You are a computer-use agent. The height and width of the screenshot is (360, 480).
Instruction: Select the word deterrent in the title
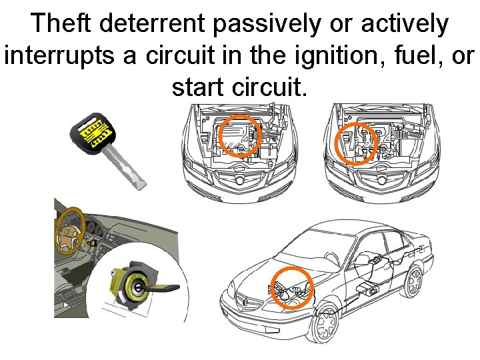[153, 24]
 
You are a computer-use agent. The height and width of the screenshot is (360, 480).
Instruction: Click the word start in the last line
[197, 85]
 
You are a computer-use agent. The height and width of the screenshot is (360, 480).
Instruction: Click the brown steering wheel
[66, 231]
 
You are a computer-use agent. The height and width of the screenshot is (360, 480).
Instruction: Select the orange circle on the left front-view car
[239, 136]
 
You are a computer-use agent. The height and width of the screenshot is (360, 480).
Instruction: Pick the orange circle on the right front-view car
[355, 143]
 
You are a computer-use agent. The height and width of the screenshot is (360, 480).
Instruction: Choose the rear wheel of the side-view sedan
[414, 281]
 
